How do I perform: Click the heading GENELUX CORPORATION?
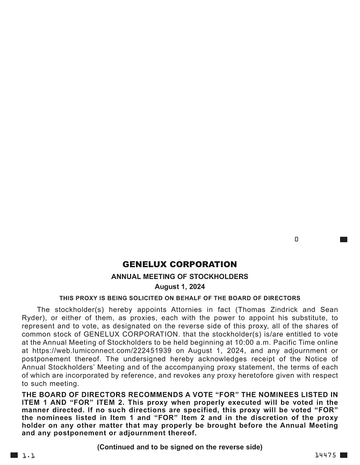click(179, 264)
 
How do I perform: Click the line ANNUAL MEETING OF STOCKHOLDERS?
click(179, 277)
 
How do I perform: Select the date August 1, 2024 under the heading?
click(179, 287)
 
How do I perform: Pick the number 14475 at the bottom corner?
click(326, 455)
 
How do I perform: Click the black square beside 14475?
click(344, 455)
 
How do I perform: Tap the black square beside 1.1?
click(15, 455)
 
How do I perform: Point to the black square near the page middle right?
click(344, 239)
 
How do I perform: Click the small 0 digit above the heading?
click(297, 239)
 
